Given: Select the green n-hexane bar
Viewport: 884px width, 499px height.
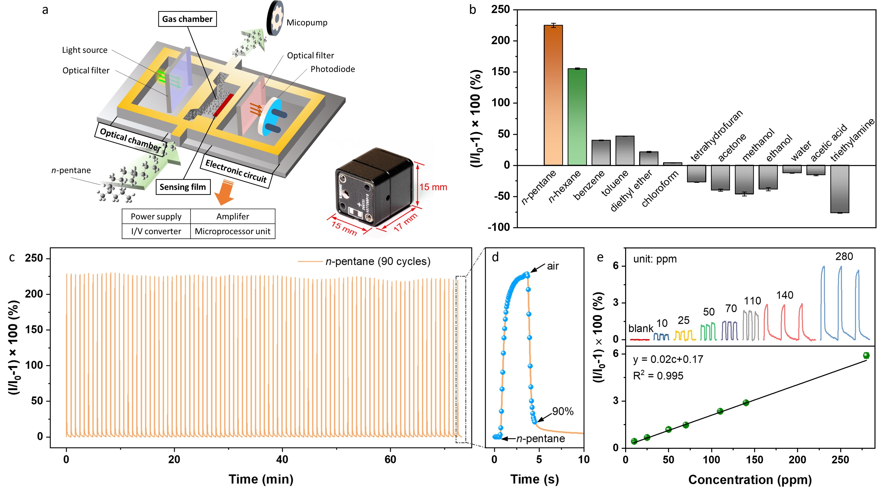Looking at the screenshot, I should click(x=577, y=117).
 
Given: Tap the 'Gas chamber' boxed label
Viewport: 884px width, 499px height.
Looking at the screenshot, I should click(x=187, y=19).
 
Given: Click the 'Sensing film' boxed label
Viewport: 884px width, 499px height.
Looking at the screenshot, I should click(x=183, y=187).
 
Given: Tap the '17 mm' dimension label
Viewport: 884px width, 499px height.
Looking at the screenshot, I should click(x=405, y=222).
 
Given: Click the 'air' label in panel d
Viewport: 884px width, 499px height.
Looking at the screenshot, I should click(x=552, y=266).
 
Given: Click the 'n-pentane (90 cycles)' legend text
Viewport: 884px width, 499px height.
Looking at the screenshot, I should click(x=377, y=262).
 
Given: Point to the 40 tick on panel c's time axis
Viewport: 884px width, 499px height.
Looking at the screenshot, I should click(x=282, y=459).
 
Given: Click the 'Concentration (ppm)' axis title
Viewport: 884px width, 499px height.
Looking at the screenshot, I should click(x=750, y=479).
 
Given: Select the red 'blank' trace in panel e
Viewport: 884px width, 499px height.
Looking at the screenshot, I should click(x=640, y=339).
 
